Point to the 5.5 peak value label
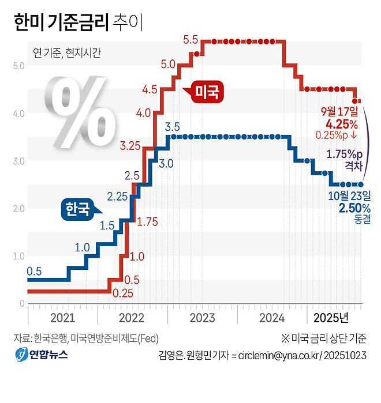pyautogui.click(x=190, y=40)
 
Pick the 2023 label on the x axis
pyautogui.click(x=202, y=318)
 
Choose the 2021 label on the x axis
pyautogui.click(x=62, y=318)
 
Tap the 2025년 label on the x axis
pyautogui.click(x=331, y=318)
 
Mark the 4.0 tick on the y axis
pyautogui.click(x=18, y=114)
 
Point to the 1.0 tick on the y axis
pyautogui.click(x=18, y=256)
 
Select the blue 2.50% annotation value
pyautogui.click(x=346, y=208)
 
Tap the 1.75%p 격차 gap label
pyautogui.click(x=345, y=160)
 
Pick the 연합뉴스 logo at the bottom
pyautogui.click(x=42, y=354)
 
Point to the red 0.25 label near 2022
pyautogui.click(x=123, y=293)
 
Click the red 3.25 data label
pyautogui.click(x=130, y=146)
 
